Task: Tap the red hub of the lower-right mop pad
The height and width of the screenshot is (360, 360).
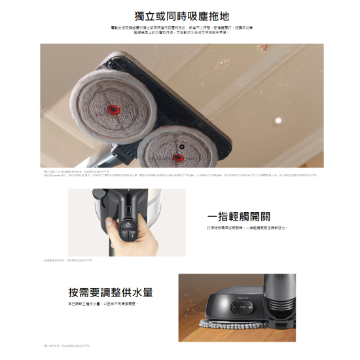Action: pyautogui.click(x=176, y=156)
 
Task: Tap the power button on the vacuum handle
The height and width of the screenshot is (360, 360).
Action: pyautogui.click(x=128, y=224)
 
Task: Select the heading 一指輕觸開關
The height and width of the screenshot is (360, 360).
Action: pyautogui.click(x=238, y=216)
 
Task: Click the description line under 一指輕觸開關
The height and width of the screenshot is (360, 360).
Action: pyautogui.click(x=247, y=228)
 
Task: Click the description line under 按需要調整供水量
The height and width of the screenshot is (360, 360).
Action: pyautogui.click(x=104, y=304)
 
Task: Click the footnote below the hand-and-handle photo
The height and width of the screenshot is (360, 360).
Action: pyautogui.click(x=69, y=261)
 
